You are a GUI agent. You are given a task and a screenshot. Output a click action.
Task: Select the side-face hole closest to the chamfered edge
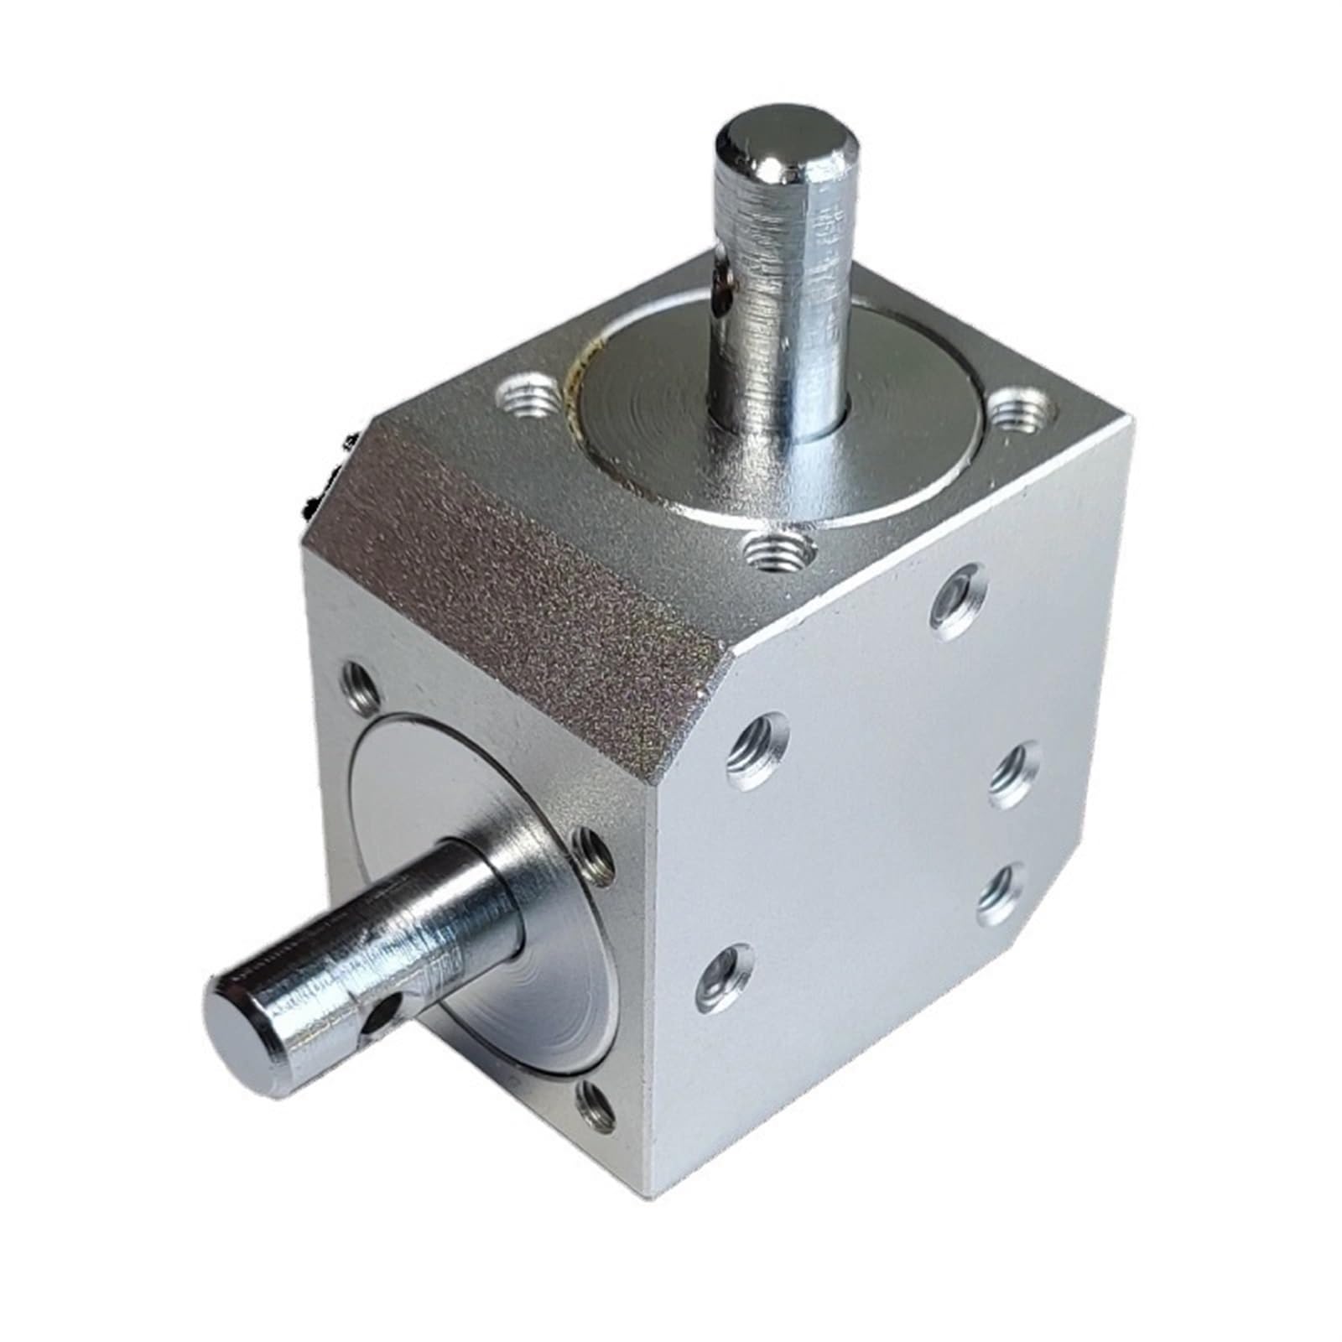pos(759,746)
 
